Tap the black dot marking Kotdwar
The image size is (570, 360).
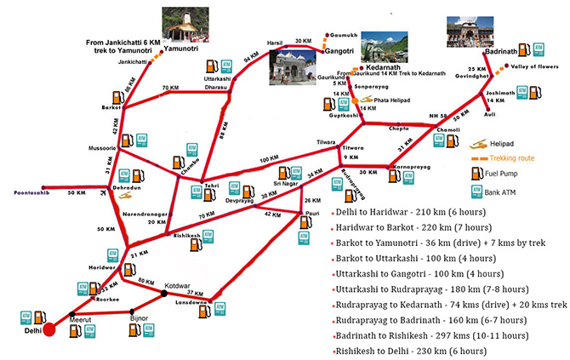coord(164,294)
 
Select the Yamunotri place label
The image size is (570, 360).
coord(184,49)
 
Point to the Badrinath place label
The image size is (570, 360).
coord(501,52)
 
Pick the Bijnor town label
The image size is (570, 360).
coord(139,317)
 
